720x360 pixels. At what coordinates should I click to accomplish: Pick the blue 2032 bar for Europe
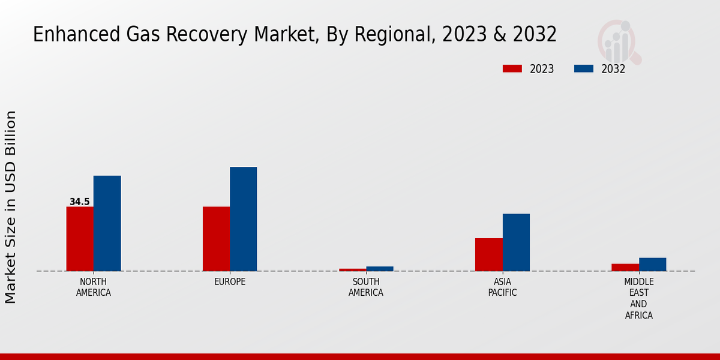[243, 219]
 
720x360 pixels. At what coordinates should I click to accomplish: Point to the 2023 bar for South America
[352, 269]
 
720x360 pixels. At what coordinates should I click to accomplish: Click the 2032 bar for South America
[380, 269]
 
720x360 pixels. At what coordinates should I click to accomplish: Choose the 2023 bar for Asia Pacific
[488, 254]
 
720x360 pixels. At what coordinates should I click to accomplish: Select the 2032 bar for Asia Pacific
[516, 242]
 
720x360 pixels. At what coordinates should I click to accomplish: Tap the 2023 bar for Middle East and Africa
[625, 267]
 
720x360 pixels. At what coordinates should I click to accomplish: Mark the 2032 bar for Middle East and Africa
[652, 264]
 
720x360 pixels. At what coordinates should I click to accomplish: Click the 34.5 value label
[79, 202]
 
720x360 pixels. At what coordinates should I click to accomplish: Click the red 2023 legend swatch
[512, 68]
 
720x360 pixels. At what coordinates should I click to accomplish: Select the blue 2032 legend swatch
[583, 68]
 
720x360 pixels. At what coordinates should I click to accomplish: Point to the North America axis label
[94, 287]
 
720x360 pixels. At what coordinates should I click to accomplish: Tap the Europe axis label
[230, 282]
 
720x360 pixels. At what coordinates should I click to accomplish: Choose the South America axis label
[366, 287]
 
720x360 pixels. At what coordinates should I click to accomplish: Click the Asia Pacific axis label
[502, 287]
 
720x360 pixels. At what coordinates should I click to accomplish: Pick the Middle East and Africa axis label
[638, 298]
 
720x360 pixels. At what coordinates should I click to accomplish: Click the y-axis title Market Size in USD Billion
[11, 207]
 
